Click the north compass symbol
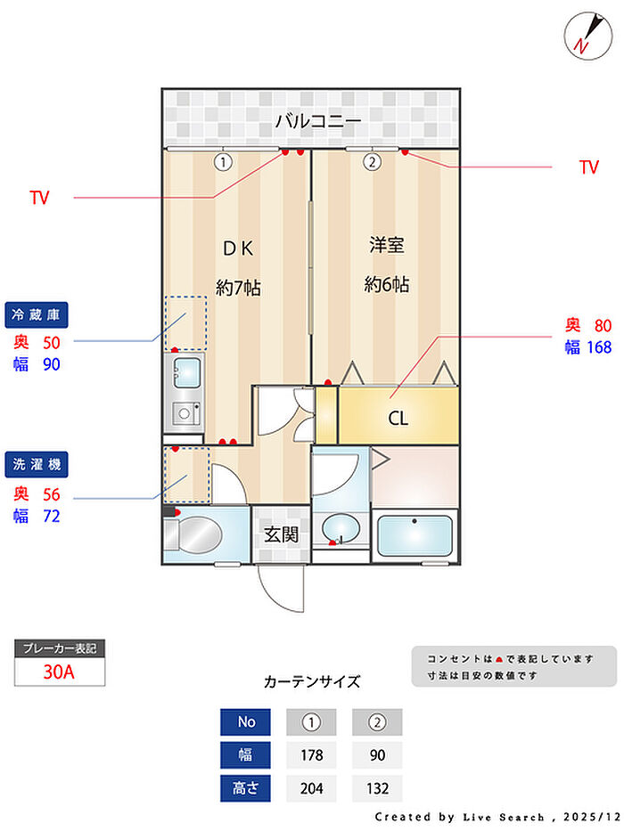(588, 36)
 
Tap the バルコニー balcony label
(318, 121)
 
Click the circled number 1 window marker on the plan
(223, 161)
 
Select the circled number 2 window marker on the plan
(372, 161)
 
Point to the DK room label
(238, 248)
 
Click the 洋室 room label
(387, 245)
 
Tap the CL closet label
(398, 418)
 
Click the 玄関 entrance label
(281, 534)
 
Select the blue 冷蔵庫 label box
(37, 314)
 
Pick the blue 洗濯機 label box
(37, 465)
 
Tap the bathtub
(415, 535)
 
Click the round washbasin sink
(341, 528)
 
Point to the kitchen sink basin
(187, 372)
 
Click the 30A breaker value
(59, 672)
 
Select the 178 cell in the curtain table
(311, 754)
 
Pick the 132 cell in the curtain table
(377, 788)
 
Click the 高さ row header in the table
(246, 788)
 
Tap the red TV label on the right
(589, 167)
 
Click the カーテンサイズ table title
(312, 681)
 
